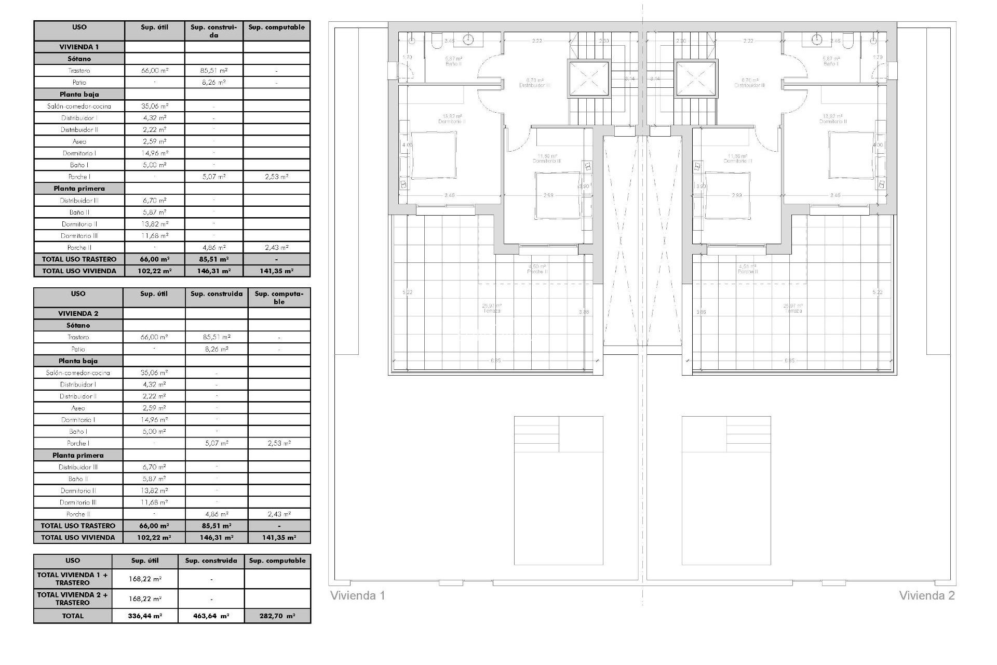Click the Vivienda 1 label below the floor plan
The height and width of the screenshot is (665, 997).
tap(358, 595)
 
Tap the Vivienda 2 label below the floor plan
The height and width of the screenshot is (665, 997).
tap(927, 595)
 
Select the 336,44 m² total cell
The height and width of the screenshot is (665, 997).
tap(145, 616)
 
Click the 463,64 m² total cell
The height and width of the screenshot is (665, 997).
tap(211, 616)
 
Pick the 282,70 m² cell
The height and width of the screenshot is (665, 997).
tap(277, 616)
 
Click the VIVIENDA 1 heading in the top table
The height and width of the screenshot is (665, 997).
tap(79, 47)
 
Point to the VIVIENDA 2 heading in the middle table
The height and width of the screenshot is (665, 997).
tap(78, 313)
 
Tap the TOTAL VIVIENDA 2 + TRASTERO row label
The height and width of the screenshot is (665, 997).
tap(73, 598)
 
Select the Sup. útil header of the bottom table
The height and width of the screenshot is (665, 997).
tap(145, 561)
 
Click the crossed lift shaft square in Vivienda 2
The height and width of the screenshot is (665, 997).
tap(696, 79)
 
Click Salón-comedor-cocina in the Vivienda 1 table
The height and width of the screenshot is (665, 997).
tap(79, 106)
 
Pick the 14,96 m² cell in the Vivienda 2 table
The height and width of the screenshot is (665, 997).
tap(154, 420)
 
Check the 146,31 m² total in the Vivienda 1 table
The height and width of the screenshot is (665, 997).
tap(213, 271)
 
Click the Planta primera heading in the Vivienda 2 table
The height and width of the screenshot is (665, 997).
tap(78, 455)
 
